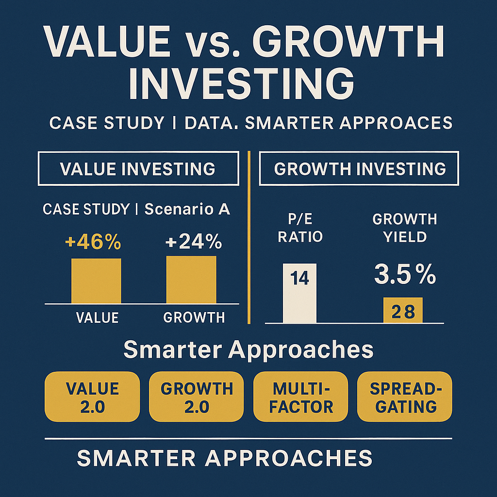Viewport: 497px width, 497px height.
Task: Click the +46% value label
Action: point(93,242)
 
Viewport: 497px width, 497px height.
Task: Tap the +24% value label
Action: point(193,242)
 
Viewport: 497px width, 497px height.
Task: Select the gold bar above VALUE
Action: point(96,281)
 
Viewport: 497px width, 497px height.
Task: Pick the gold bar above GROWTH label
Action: point(191,280)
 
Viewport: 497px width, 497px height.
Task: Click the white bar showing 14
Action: point(299,293)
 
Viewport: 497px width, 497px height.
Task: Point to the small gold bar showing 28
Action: point(403,310)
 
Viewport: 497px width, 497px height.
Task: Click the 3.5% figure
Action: point(405,274)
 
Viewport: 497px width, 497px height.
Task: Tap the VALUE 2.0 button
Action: point(92,397)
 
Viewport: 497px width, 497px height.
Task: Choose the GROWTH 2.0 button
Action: point(197,397)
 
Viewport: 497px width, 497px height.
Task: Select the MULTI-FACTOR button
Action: point(300,397)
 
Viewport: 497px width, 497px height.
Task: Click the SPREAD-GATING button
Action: point(405,397)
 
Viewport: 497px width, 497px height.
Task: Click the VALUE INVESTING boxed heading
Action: point(138,168)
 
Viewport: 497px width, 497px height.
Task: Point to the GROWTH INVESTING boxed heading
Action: point(359,168)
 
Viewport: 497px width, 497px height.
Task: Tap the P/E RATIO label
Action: point(300,228)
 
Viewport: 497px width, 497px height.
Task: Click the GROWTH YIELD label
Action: point(405,228)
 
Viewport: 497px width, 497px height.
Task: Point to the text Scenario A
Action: point(187,209)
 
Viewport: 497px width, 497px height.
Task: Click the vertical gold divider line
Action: point(249,237)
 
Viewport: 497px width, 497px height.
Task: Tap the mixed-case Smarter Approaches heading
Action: point(248,350)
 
